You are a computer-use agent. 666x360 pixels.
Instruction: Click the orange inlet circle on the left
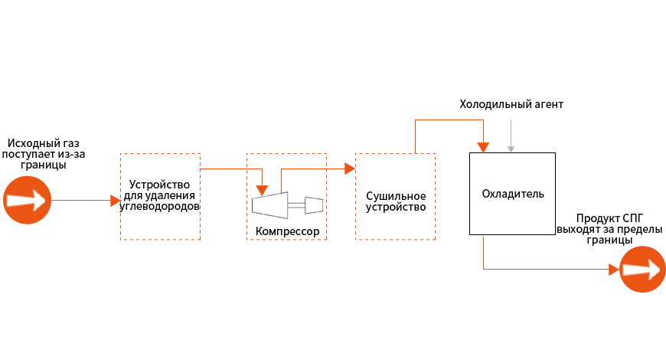tap(28, 200)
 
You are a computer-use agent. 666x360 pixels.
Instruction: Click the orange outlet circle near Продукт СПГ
tap(642, 270)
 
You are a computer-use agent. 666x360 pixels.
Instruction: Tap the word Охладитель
tap(513, 195)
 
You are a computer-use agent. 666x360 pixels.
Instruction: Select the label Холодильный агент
tap(511, 104)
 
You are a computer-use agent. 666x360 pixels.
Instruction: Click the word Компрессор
tap(287, 231)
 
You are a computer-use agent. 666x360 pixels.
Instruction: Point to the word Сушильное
tap(396, 196)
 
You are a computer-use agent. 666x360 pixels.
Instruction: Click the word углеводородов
tap(160, 207)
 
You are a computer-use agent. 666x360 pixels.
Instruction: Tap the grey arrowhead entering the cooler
tap(511, 149)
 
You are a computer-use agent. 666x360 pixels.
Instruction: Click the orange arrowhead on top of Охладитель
tap(483, 148)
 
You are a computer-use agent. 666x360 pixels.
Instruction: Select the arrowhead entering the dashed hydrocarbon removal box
tap(116, 201)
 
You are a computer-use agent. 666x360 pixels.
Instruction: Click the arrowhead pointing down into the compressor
tap(263, 191)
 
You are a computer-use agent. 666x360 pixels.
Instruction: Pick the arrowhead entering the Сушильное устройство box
tap(350, 169)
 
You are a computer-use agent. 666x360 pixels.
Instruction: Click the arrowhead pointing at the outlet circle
tap(614, 270)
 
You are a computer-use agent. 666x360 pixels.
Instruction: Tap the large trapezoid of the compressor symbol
tap(269, 205)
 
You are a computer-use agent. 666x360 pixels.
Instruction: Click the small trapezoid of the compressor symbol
tap(314, 205)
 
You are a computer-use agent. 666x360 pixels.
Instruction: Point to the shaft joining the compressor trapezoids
tap(296, 205)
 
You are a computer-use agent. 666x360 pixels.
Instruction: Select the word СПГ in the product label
tap(633, 218)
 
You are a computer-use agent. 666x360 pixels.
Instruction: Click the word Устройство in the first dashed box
tap(159, 185)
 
